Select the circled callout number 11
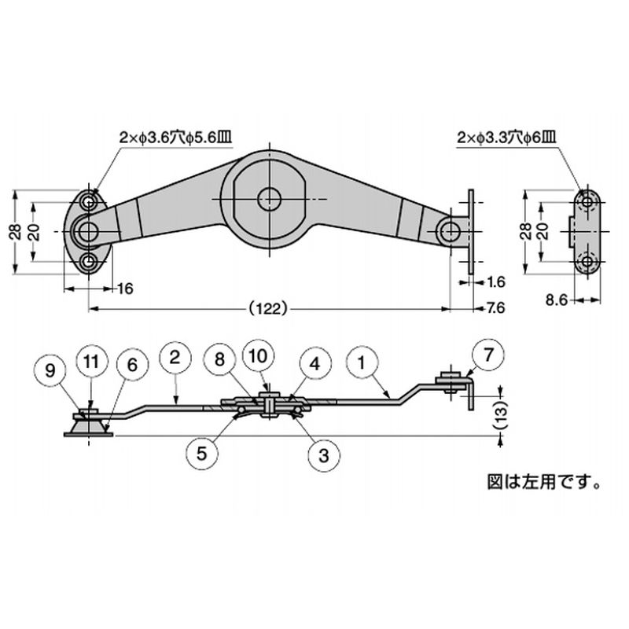point(91,362)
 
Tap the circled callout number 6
point(131,363)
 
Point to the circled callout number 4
point(314,364)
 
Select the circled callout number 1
point(362,364)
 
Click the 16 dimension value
point(124,289)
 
